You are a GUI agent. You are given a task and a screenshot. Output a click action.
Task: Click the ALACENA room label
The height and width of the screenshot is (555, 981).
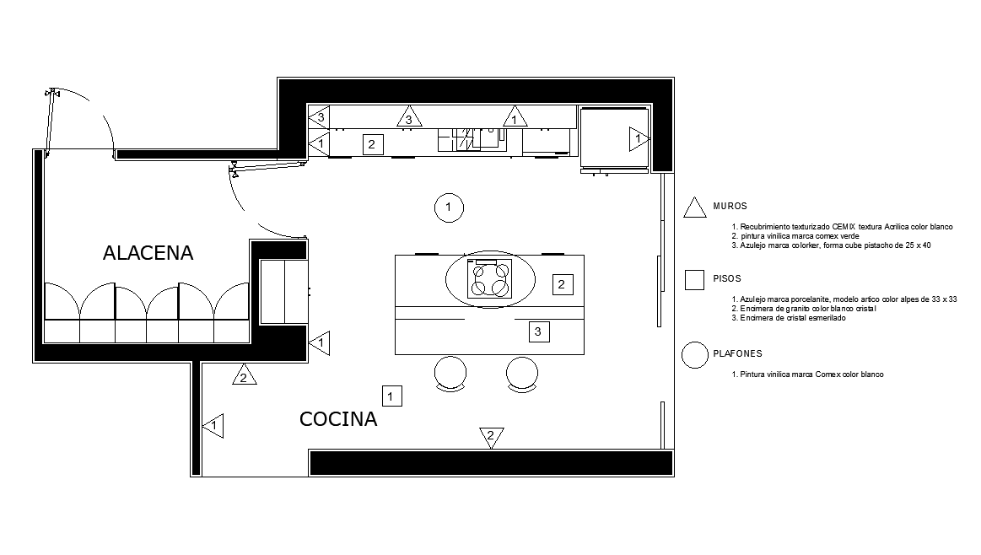(x=148, y=253)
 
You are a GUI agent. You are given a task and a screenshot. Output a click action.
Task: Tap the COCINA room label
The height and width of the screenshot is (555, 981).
(x=338, y=419)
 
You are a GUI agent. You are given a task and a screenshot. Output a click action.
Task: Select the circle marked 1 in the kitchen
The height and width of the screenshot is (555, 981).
(x=449, y=207)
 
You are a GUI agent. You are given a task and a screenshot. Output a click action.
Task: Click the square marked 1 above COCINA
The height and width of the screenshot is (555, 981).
(x=391, y=395)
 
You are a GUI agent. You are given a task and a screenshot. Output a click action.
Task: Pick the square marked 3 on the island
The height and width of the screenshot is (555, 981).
(x=539, y=331)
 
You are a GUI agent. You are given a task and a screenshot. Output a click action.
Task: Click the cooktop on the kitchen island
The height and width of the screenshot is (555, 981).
(x=490, y=278)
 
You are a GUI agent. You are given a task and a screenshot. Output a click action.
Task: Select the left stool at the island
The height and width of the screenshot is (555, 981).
(x=450, y=373)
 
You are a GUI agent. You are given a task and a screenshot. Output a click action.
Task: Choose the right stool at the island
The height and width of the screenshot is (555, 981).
(x=522, y=373)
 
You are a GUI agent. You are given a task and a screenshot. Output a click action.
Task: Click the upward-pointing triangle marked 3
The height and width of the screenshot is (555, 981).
(x=409, y=118)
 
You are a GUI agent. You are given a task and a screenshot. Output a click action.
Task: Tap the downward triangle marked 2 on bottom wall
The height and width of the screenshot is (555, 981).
(x=489, y=435)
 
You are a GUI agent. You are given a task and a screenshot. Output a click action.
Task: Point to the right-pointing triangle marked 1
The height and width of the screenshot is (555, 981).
(x=638, y=138)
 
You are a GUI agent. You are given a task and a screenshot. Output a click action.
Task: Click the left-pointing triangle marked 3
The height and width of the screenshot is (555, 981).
(x=319, y=117)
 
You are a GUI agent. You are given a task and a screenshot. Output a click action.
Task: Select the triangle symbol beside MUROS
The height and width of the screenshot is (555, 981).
(x=694, y=207)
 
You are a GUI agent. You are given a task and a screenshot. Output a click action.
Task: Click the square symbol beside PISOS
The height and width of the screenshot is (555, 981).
(x=694, y=280)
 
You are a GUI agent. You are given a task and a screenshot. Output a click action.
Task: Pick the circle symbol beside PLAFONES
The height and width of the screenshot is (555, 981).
(x=694, y=355)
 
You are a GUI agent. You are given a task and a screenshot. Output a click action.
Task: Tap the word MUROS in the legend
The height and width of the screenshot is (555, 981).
(x=730, y=206)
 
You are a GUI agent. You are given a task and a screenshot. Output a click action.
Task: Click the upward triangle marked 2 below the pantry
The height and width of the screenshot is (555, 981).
(x=243, y=376)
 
